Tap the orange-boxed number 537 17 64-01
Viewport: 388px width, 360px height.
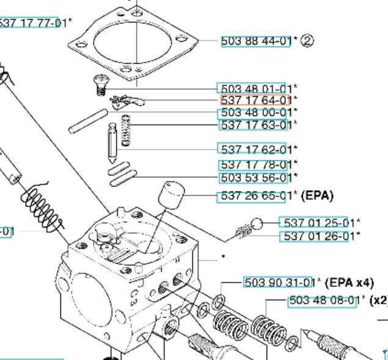[x=255, y=100]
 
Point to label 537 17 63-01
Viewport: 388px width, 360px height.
[x=254, y=125]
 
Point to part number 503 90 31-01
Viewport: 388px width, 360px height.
[x=279, y=282]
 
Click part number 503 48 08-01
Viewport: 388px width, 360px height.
[x=323, y=301]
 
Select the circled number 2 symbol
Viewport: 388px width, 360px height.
[x=307, y=41]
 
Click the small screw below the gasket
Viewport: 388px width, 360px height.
[x=100, y=81]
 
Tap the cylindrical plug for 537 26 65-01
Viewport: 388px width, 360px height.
[x=171, y=196]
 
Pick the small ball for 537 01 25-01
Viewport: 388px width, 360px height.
[x=257, y=224]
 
